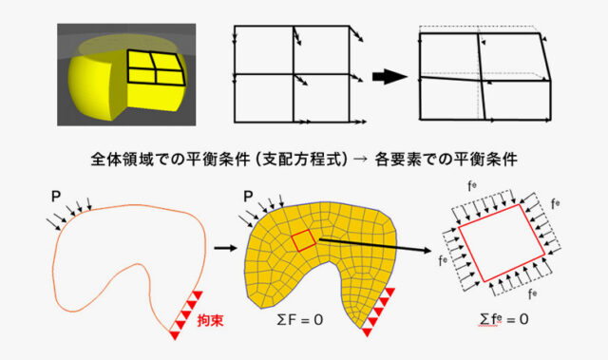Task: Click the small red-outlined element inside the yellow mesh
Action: [x=301, y=241]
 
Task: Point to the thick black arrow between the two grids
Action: [x=387, y=76]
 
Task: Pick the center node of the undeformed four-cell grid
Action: [x=295, y=74]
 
